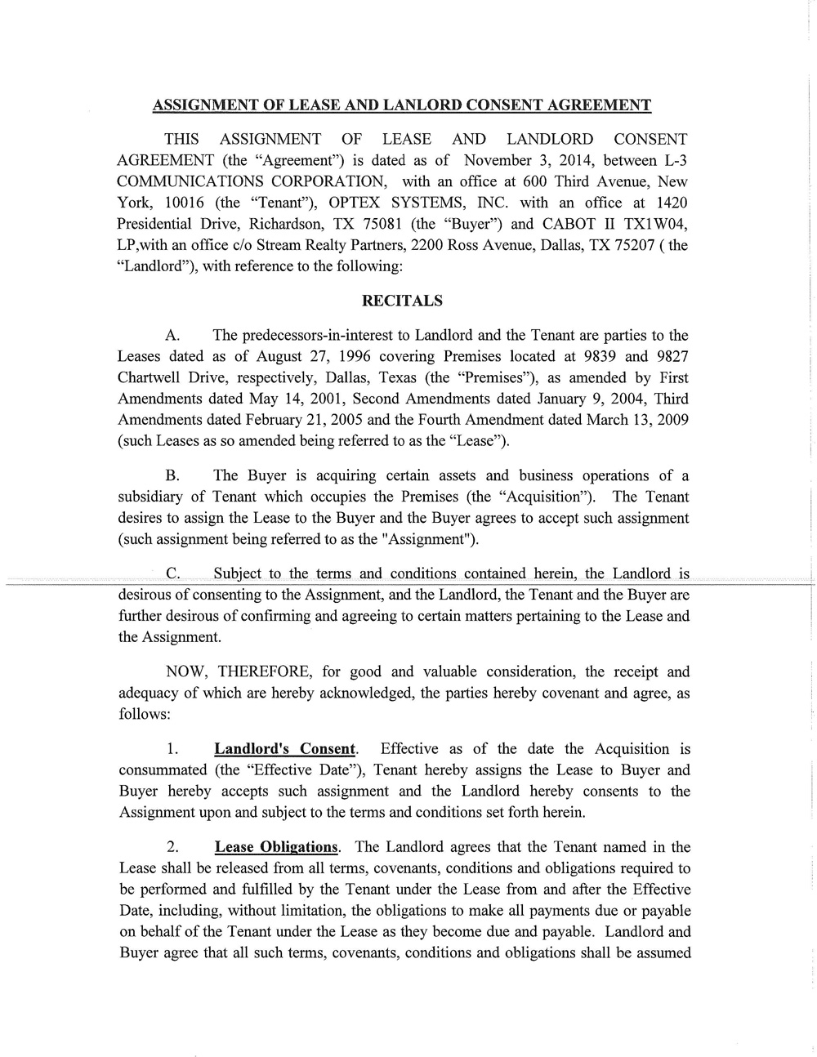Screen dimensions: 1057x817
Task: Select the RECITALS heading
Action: click(402, 301)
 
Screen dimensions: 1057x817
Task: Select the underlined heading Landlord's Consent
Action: click(285, 749)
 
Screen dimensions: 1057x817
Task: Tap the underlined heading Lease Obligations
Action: click(276, 847)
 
